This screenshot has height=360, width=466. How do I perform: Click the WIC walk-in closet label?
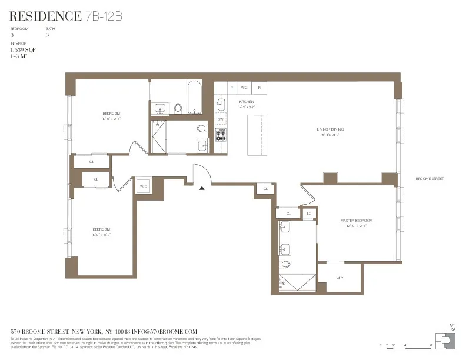pos(339,278)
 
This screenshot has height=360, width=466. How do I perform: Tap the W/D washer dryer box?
pos(144,186)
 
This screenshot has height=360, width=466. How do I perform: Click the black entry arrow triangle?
pos(202,188)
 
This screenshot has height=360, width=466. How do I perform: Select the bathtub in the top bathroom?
pos(194,97)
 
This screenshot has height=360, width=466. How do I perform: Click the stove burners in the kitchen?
pos(221,136)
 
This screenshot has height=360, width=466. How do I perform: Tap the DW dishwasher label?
pos(221,120)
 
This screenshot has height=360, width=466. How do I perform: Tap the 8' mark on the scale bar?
pos(431,345)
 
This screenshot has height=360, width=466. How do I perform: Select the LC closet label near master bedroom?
pos(309,214)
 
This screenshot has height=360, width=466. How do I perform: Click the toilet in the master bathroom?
pos(286,264)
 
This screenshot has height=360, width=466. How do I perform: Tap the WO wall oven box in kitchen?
pos(244,87)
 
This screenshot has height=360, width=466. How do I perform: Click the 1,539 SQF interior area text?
pos(23,51)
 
